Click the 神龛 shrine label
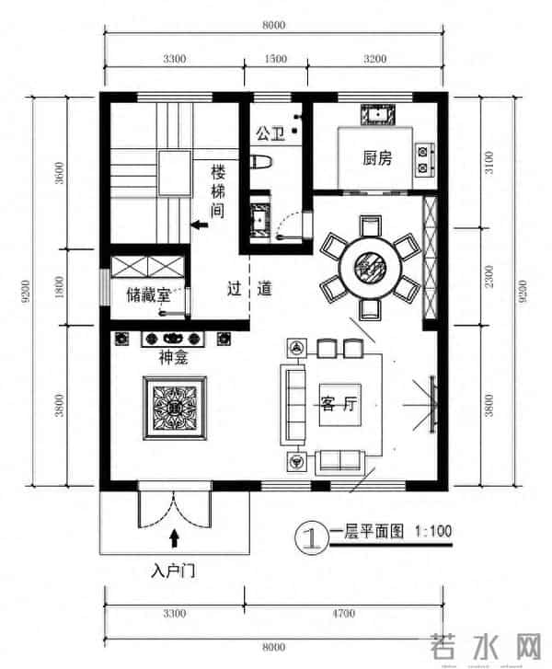tap(173, 359)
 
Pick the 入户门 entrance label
tap(173, 571)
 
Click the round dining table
tap(370, 267)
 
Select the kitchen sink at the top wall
tap(379, 115)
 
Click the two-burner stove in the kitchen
tap(425, 158)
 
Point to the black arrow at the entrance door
tap(174, 536)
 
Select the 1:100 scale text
tap(434, 532)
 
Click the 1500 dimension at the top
tap(274, 58)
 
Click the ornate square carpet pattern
tap(172, 405)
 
